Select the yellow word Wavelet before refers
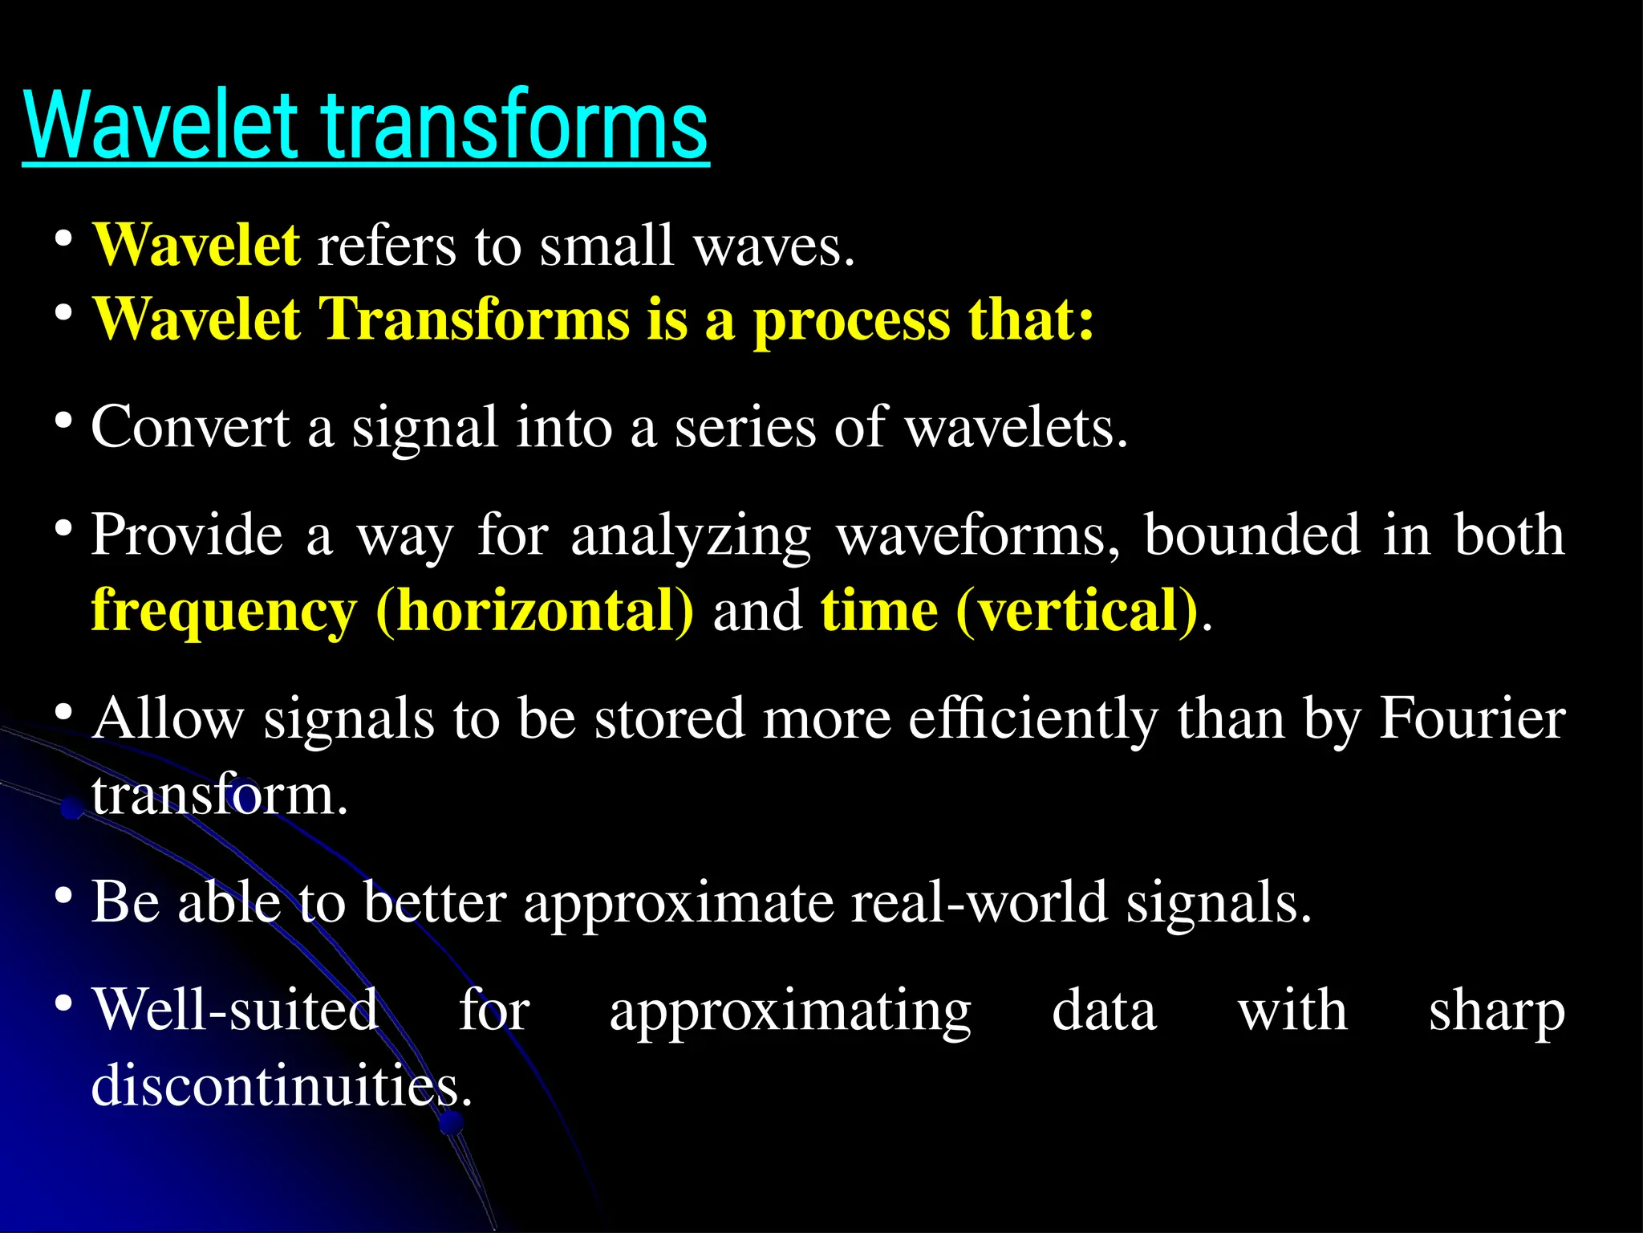coord(197,245)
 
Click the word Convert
coord(190,427)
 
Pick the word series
coord(744,427)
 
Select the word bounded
coord(1252,535)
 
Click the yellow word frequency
coord(224,612)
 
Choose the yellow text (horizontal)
coord(534,612)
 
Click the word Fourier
coord(1472,718)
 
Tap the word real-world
coord(979,902)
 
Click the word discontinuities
coord(281,1085)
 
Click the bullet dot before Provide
coord(64,528)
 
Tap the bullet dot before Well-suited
coord(64,1003)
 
